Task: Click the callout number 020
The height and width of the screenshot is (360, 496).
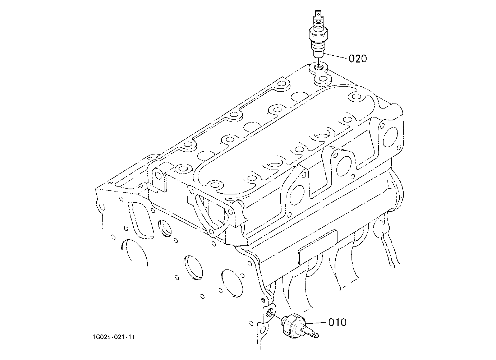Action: [358, 59]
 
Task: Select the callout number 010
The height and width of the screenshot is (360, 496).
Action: [337, 322]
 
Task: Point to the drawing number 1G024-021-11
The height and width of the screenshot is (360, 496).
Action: [114, 337]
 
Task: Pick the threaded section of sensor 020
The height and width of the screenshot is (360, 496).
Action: [318, 46]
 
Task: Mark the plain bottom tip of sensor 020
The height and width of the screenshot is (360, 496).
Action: [318, 54]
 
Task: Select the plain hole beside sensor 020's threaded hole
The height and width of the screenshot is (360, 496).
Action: [323, 79]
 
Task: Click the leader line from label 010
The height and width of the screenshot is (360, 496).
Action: [316, 323]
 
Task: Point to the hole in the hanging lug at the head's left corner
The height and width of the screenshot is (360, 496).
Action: [159, 175]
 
